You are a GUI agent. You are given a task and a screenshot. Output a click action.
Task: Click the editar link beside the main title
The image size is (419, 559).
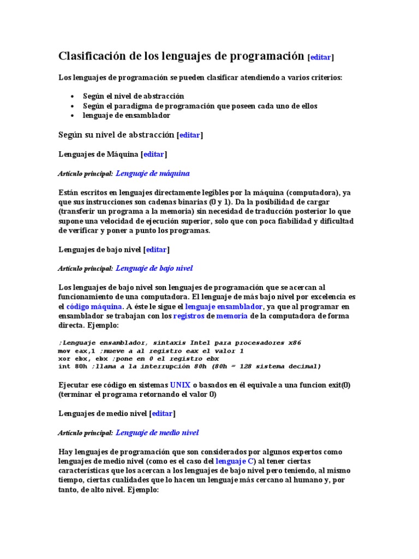[x=321, y=57]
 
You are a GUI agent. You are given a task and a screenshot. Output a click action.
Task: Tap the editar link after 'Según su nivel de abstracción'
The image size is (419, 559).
[x=190, y=135]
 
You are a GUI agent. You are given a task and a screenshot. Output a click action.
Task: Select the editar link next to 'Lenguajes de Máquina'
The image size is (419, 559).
[x=154, y=154]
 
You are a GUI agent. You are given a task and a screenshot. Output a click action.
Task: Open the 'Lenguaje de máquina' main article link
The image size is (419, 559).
[x=153, y=174]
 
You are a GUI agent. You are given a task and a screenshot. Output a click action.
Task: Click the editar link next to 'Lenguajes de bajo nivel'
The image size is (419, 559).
[x=156, y=249]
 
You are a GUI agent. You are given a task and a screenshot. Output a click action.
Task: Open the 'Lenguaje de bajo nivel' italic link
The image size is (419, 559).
[x=154, y=269]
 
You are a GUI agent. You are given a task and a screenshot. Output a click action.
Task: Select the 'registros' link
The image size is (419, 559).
[x=188, y=316]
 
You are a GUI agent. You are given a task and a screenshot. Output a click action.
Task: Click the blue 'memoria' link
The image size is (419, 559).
[x=232, y=316]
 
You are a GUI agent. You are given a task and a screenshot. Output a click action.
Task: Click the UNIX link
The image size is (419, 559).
[x=181, y=385]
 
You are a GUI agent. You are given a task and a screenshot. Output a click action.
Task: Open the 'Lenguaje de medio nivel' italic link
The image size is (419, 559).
[x=158, y=433]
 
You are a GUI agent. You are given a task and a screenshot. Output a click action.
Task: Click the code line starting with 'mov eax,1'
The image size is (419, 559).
[x=151, y=351]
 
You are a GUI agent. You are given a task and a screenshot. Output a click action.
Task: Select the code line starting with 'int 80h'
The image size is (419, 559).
[x=189, y=366]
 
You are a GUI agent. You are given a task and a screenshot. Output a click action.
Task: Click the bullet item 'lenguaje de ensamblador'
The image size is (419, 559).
[x=127, y=115]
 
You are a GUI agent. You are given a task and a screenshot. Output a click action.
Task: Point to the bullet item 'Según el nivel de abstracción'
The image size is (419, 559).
[x=134, y=96]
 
